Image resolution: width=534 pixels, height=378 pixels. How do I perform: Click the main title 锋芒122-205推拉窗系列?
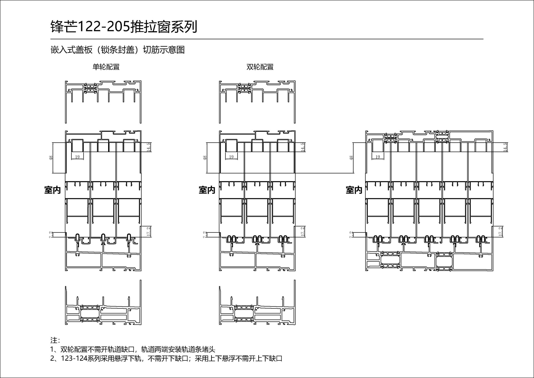point(124,27)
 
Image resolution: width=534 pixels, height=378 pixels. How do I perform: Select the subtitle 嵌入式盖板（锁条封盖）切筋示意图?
point(118,50)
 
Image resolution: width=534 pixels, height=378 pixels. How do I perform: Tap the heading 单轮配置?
point(106,67)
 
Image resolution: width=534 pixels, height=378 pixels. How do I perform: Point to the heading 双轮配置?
point(260,67)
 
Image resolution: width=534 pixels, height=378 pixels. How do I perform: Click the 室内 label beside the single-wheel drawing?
point(53,190)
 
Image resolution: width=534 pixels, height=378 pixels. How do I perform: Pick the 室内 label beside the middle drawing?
point(207,190)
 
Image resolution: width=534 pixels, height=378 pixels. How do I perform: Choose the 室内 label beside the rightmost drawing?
point(354,190)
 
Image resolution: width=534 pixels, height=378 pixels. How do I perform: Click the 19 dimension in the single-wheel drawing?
point(77,157)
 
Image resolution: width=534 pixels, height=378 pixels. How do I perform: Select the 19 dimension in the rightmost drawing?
point(378,157)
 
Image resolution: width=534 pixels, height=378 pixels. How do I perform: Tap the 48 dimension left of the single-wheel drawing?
point(51,158)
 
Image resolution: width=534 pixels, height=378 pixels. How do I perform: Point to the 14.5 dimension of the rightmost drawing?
point(505,147)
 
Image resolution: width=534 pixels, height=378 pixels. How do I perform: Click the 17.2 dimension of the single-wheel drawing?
point(149,232)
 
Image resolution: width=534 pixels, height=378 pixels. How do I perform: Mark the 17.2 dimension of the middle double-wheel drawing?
point(303,232)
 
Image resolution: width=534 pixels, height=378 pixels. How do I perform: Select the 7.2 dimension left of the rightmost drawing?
point(351,235)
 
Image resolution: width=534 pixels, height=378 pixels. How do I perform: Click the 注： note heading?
point(55,340)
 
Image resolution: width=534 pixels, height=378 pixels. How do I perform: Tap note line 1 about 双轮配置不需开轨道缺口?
point(133,349)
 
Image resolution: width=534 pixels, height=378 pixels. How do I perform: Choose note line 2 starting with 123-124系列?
point(166,359)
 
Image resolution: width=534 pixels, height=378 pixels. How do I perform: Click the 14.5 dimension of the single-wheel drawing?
point(149,147)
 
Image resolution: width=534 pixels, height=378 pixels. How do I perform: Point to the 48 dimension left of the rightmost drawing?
point(351,158)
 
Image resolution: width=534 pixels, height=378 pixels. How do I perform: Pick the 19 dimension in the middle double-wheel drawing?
point(231,157)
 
